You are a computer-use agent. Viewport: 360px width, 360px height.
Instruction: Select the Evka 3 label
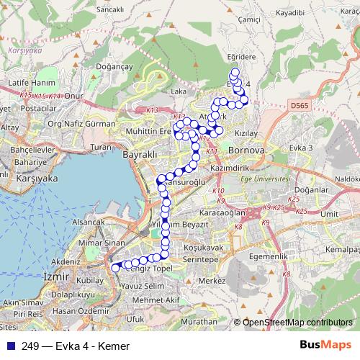pos(301,148)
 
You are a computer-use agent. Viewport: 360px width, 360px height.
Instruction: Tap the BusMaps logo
pos(325,345)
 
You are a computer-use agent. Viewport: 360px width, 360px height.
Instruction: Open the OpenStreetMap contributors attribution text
pos(297,322)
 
